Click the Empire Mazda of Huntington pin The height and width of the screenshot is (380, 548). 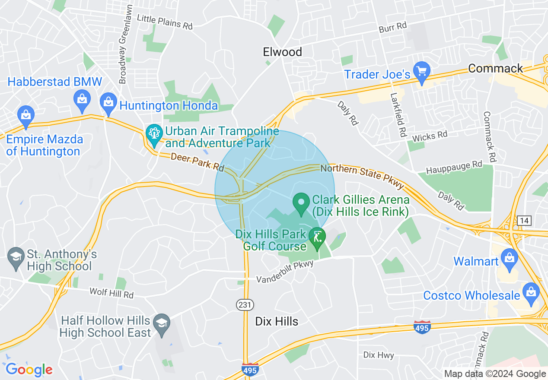point(26,115)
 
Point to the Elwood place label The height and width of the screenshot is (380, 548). point(283,52)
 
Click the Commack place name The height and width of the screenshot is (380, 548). point(495,68)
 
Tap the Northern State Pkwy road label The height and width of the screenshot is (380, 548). point(362,174)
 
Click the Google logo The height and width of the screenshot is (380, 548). point(29,369)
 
